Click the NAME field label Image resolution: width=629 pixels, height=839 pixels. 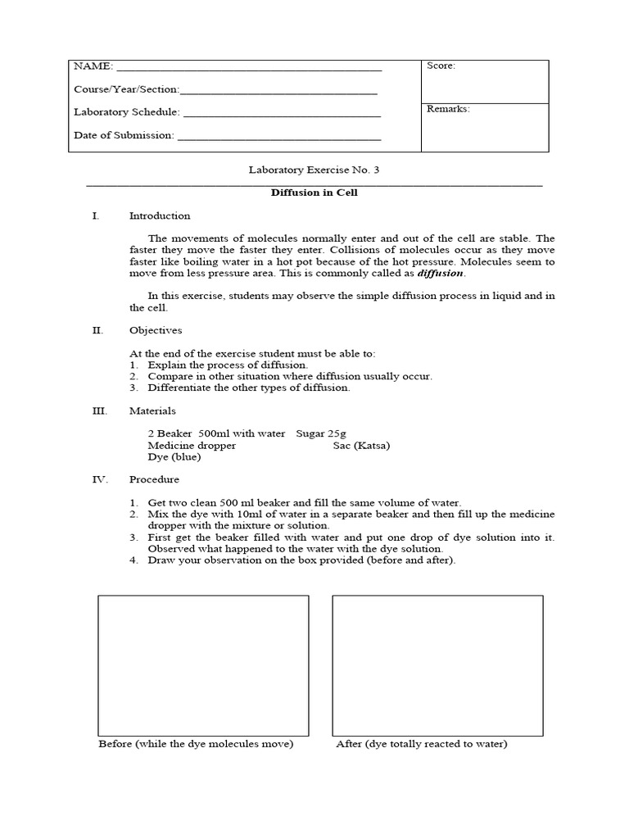tap(93, 66)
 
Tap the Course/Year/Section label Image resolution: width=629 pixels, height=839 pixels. tap(126, 89)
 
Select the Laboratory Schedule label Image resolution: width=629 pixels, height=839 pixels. tap(127, 112)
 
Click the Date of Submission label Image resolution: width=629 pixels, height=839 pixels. tap(124, 135)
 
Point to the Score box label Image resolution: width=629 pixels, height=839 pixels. tap(441, 66)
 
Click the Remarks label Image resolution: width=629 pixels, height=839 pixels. tap(448, 109)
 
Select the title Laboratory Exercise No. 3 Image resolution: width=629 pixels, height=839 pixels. tap(314, 170)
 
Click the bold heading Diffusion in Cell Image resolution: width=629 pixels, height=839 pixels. tap(314, 193)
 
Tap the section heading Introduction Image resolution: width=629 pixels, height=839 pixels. tap(160, 216)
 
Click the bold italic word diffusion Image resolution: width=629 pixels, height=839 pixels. tap(441, 274)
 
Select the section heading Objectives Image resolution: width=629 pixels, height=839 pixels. tap(156, 330)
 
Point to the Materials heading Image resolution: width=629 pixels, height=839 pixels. tap(152, 410)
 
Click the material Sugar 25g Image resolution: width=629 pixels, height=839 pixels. tap(326, 433)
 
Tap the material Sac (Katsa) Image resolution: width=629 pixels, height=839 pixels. tap(361, 446)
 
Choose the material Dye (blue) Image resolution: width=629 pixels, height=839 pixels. tap(174, 457)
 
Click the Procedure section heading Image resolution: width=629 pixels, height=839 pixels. tap(154, 479)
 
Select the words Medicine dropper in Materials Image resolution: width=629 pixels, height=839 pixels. tap(192, 446)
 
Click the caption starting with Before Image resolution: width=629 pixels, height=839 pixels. tap(196, 744)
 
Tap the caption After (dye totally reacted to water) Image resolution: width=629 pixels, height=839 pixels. tap(421, 744)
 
